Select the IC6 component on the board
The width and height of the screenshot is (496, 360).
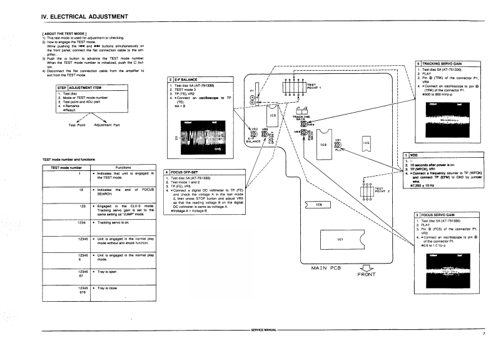tap(319, 205)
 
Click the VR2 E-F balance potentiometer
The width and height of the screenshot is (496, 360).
tap(253, 133)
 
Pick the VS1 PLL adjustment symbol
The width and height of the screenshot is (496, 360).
tap(338, 145)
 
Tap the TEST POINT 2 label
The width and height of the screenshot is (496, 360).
tap(382, 189)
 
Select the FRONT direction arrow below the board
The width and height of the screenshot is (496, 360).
tap(367, 270)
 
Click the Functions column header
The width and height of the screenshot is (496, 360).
tap(123, 168)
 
